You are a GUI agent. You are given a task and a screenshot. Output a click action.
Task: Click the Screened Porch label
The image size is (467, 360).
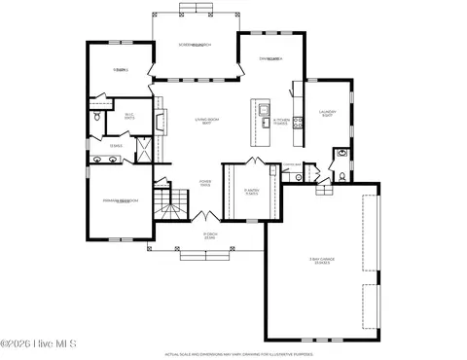coord(196,46)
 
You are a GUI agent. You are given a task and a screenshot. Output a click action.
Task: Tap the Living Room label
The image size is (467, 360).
coord(202,122)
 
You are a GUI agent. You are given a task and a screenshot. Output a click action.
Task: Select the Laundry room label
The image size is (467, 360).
coord(327,114)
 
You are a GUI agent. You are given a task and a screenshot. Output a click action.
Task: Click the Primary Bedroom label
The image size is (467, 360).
coord(121,201)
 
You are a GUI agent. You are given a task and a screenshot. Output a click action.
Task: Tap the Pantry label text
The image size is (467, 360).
coord(251,191)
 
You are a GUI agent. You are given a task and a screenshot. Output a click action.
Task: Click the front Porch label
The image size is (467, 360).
coord(209,235)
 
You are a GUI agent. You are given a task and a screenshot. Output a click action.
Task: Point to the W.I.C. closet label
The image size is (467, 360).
coord(128,117)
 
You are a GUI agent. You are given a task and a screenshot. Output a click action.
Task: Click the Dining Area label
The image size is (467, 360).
coord(270,59)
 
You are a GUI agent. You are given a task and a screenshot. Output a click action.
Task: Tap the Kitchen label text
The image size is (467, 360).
coord(279,123)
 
